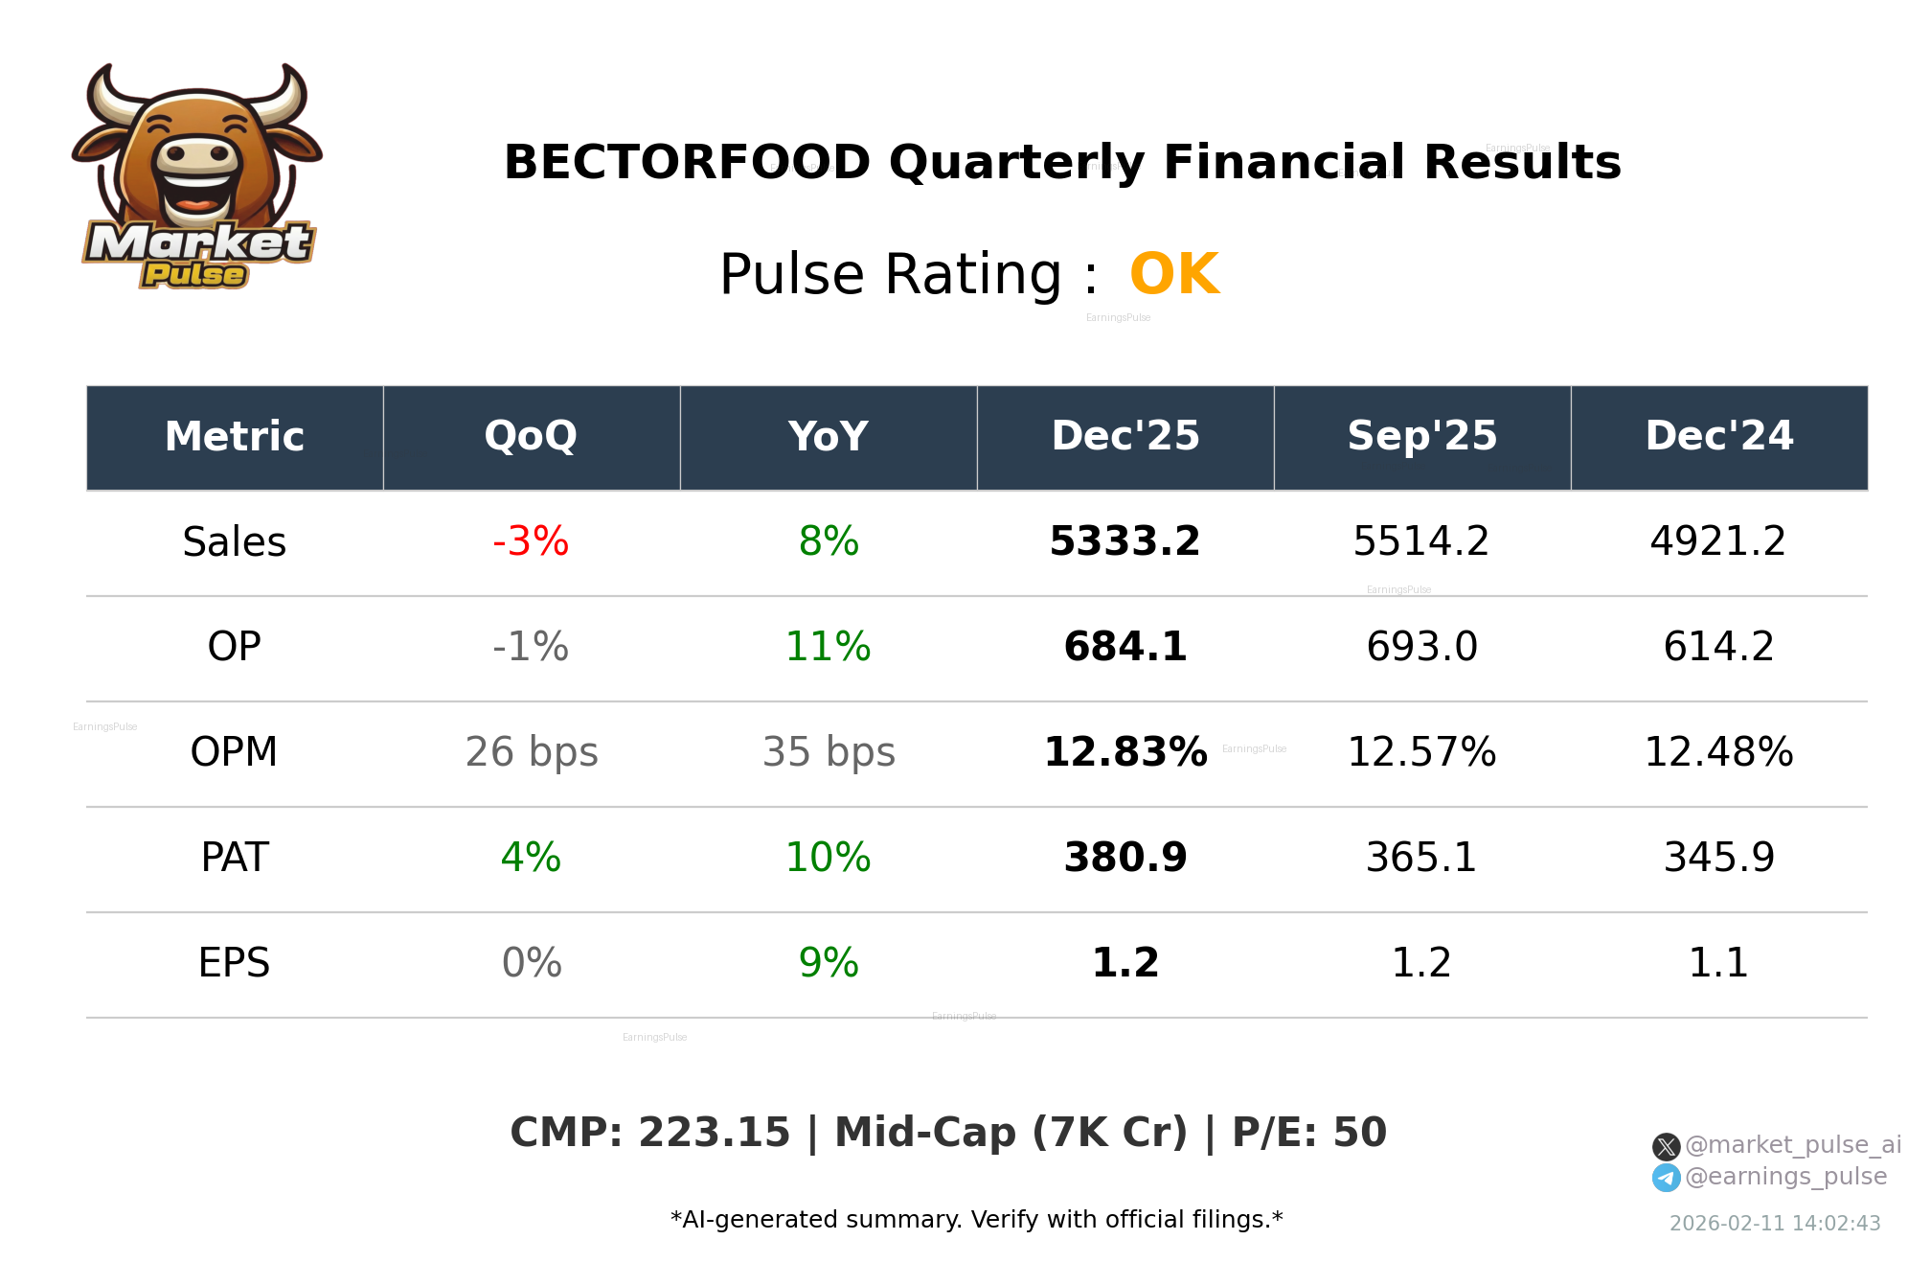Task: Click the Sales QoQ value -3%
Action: pyautogui.click(x=531, y=542)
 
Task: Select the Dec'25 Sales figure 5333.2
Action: pyautogui.click(x=1125, y=542)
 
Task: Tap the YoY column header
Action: pyautogui.click(x=828, y=437)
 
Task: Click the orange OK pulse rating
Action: pyautogui.click(x=1174, y=275)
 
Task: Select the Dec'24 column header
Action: pyautogui.click(x=1718, y=437)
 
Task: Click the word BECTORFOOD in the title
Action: pyautogui.click(x=687, y=163)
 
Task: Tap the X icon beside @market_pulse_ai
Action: pyautogui.click(x=1666, y=1147)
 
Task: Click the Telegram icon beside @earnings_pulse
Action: pyautogui.click(x=1666, y=1178)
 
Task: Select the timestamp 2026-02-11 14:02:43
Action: pyautogui.click(x=1775, y=1224)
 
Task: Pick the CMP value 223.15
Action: pyautogui.click(x=714, y=1134)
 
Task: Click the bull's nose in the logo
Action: pyautogui.click(x=197, y=156)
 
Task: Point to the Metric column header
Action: pyautogui.click(x=234, y=437)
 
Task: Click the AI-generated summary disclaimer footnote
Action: pyautogui.click(x=976, y=1220)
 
